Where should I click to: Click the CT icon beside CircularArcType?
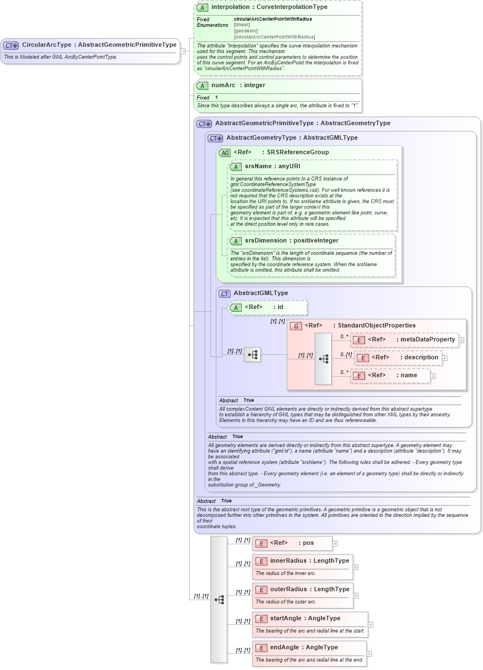pyautogui.click(x=11, y=45)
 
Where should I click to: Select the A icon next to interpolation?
pyautogui.click(x=203, y=8)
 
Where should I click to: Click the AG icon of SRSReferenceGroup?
pyautogui.click(x=224, y=153)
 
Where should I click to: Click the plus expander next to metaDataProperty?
pyautogui.click(x=461, y=340)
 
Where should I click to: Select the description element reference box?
pyautogui.click(x=398, y=358)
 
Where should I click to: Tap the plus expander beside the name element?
pyautogui.click(x=433, y=376)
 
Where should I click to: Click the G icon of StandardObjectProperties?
pyautogui.click(x=296, y=326)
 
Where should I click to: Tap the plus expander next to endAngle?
pyautogui.click(x=369, y=653)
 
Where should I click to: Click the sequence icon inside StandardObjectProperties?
pyautogui.click(x=323, y=359)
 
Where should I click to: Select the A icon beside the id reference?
pyautogui.click(x=236, y=307)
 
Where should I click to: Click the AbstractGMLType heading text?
pyautogui.click(x=261, y=293)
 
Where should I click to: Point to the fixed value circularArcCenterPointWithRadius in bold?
pyautogui.click(x=272, y=19)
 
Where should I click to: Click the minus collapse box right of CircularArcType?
pyautogui.click(x=183, y=51)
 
